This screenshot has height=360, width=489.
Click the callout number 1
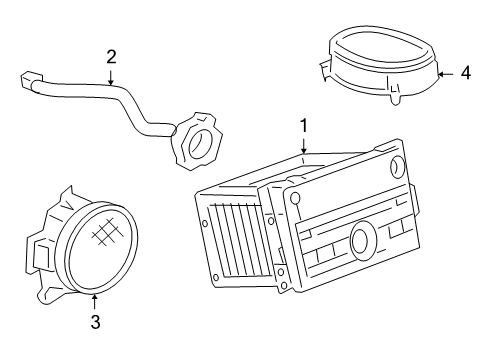point(303,126)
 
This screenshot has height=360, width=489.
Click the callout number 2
point(111,57)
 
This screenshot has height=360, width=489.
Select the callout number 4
point(465,73)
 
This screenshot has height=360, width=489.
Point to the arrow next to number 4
point(445,73)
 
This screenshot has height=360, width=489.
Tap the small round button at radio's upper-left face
point(294,199)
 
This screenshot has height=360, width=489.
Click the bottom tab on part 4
point(392,96)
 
